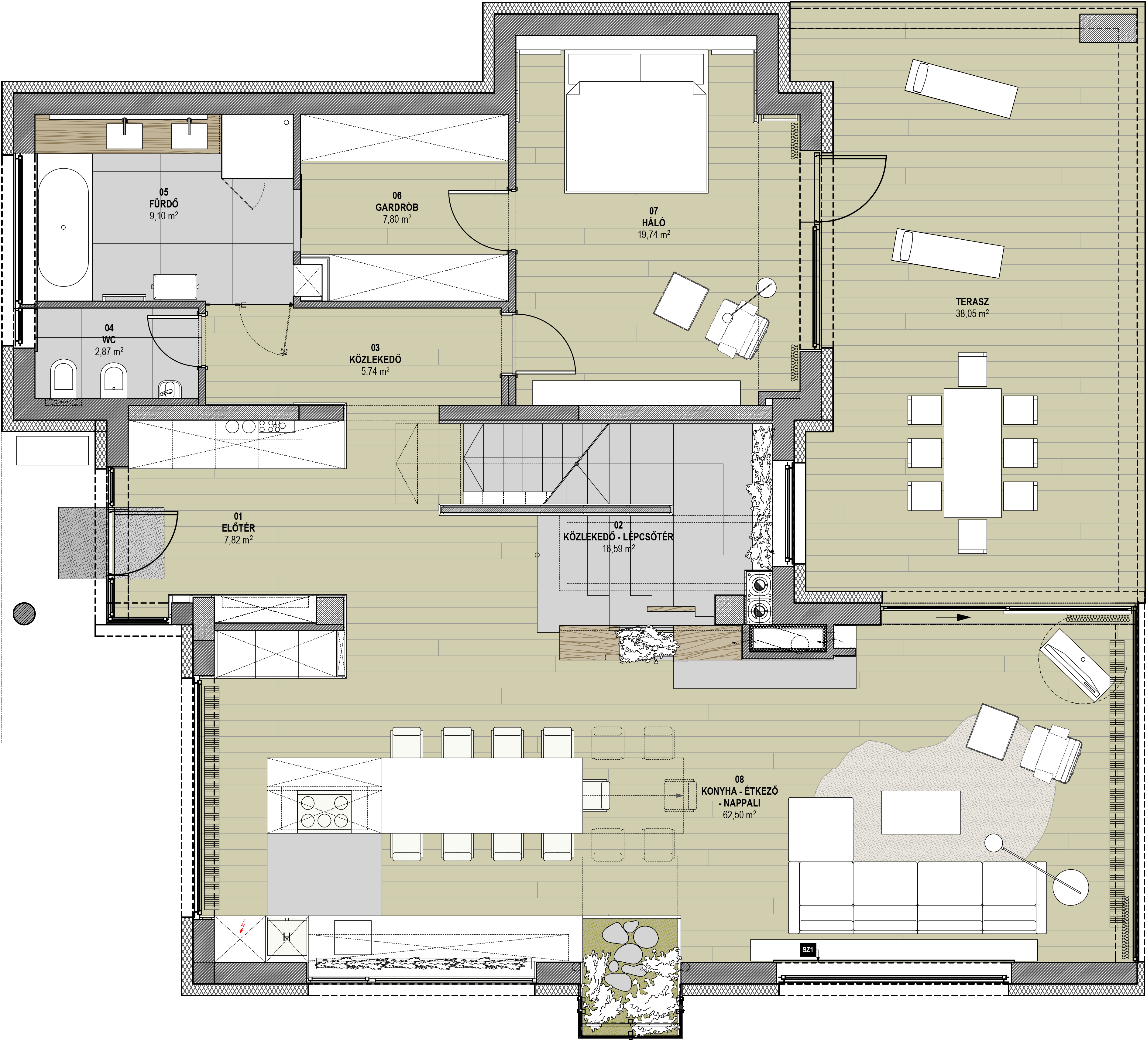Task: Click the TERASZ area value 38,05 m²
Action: tap(972, 313)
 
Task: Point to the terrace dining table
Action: tap(972, 453)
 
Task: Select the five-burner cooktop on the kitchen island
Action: tap(324, 811)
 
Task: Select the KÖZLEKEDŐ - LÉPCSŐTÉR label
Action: tap(618, 536)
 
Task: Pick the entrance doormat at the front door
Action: tap(111, 543)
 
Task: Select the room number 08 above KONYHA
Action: tap(739, 779)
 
